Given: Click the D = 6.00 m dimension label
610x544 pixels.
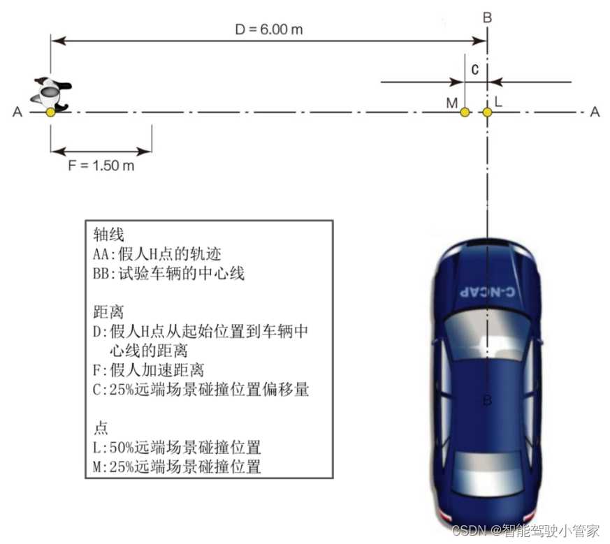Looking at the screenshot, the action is [x=268, y=29].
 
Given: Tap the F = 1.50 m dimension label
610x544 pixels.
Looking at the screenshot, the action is [x=101, y=166].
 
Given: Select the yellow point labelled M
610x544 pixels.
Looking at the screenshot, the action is [x=465, y=112].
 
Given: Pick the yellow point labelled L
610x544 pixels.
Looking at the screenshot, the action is [x=487, y=112].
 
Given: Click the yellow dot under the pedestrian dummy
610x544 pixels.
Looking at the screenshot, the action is [x=50, y=112].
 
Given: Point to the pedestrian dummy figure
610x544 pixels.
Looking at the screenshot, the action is [x=52, y=93].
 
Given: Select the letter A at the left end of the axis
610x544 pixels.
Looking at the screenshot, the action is [x=17, y=112].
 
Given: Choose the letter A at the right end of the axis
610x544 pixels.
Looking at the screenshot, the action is [x=595, y=112].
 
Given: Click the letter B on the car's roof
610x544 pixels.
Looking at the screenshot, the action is [x=487, y=400].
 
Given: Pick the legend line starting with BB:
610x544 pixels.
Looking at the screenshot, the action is [x=168, y=273].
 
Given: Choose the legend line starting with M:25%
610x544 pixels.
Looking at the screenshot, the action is [x=177, y=466].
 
